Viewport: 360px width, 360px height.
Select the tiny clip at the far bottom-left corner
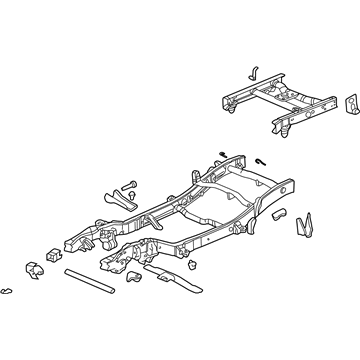[x=9, y=290]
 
